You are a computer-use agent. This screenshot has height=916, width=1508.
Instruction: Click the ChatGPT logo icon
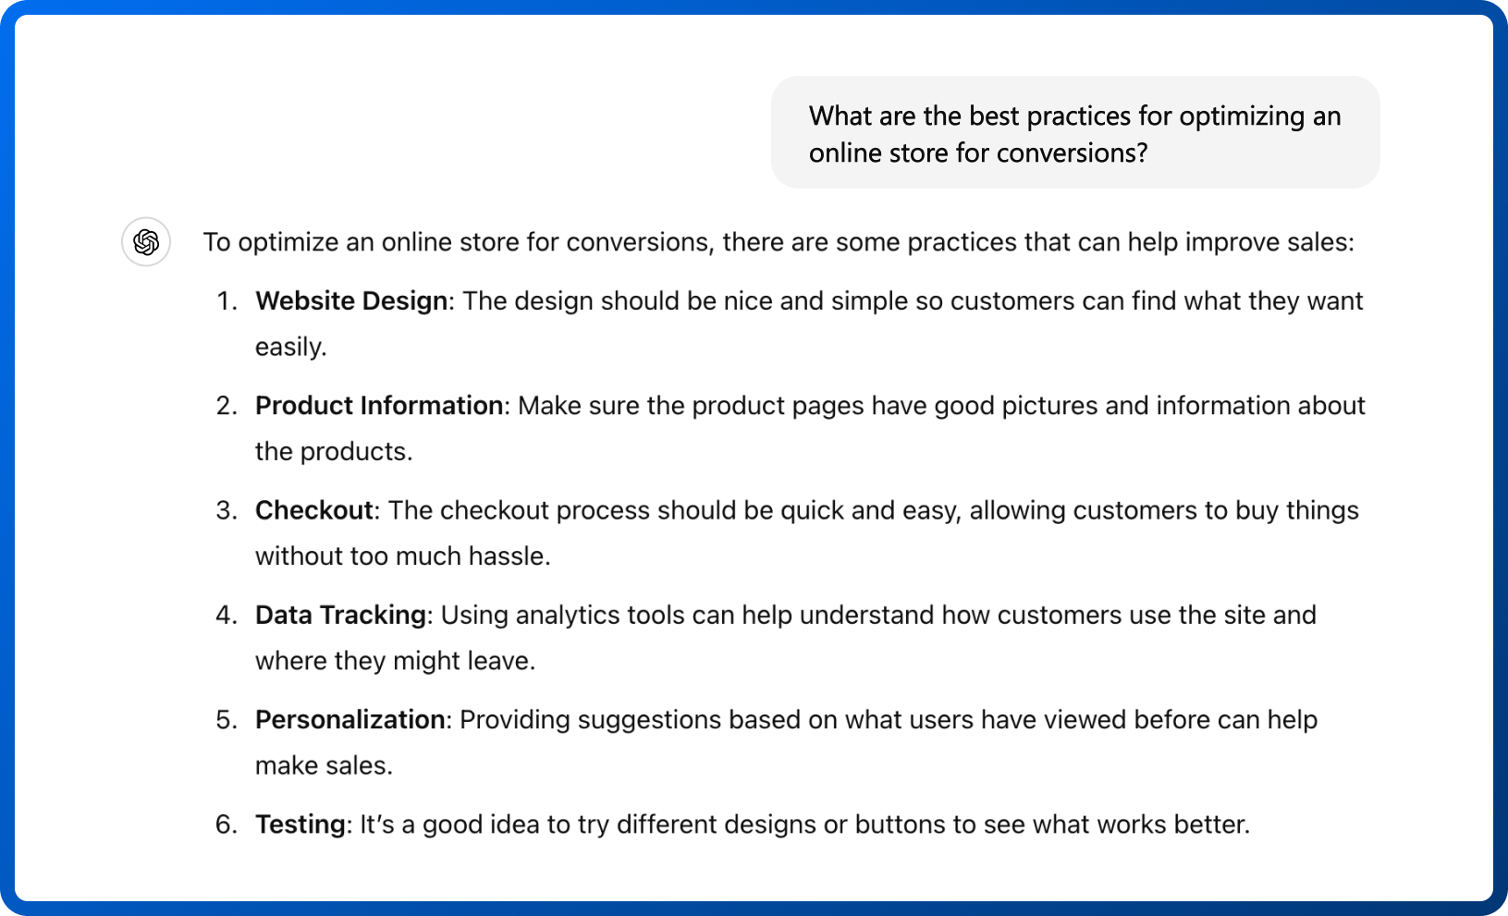coord(146,241)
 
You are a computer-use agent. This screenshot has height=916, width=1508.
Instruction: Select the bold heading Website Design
coord(350,300)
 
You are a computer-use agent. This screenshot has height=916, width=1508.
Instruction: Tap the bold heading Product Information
coord(379,406)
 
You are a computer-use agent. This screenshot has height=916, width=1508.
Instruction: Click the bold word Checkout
coord(313,510)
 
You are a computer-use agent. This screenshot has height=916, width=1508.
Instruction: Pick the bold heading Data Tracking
coord(340,616)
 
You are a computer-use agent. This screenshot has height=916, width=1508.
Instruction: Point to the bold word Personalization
coord(350,720)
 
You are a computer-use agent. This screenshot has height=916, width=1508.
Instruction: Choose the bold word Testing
coord(300,825)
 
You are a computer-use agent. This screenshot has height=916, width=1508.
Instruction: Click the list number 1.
coord(227,300)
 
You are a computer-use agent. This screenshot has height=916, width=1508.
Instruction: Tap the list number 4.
coord(227,616)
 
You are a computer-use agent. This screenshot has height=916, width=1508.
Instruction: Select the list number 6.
coord(227,824)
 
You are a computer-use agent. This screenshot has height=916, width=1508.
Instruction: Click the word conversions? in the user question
coord(1072,154)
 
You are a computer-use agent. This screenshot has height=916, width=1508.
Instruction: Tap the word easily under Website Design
coord(291,348)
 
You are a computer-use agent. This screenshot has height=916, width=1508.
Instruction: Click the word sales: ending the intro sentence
coord(1320,242)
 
